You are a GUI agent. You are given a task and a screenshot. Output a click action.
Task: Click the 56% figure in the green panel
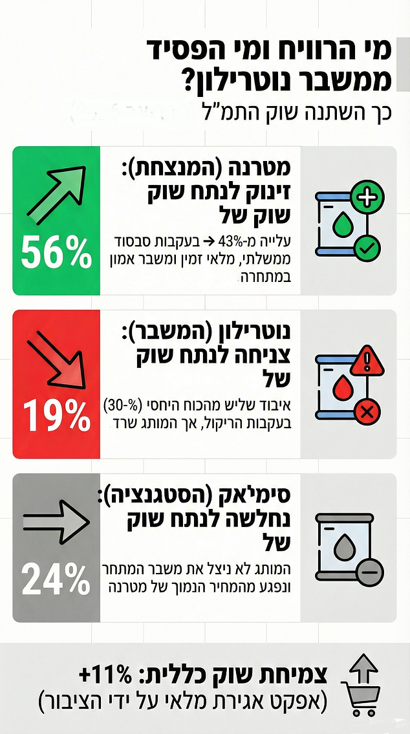[x=56, y=252]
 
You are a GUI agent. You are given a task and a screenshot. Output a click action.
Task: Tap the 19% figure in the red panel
[x=56, y=415]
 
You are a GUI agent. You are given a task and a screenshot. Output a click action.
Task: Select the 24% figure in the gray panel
[x=56, y=579]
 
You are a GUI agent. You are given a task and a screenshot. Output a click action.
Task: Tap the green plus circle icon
[x=368, y=197]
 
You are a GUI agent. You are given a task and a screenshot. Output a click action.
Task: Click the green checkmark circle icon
[x=367, y=247]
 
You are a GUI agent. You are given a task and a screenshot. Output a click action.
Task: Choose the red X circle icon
[x=368, y=411]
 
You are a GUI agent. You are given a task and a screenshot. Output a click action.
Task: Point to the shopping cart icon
[x=363, y=697]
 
